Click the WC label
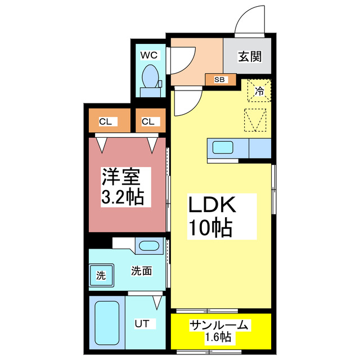(x=149, y=55)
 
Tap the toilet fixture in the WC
(x=151, y=77)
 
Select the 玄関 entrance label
(x=249, y=56)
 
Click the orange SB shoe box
(x=219, y=79)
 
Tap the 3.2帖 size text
(x=122, y=197)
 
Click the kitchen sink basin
(x=223, y=148)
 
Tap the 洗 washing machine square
(x=100, y=276)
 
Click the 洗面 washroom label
(x=141, y=271)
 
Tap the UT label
(x=141, y=324)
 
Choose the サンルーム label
(x=218, y=325)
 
